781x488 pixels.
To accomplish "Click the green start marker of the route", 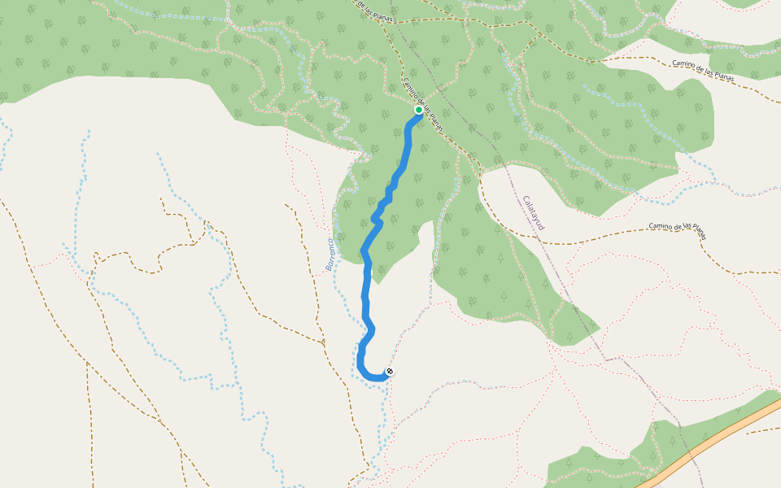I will click(419, 110).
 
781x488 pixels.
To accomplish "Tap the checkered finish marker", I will click(390, 372).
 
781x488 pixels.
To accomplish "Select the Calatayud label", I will click(533, 214).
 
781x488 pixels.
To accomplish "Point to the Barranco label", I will click(330, 254).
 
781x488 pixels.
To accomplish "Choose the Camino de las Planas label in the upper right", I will click(704, 71).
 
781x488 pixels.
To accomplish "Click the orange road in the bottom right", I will click(716, 439).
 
